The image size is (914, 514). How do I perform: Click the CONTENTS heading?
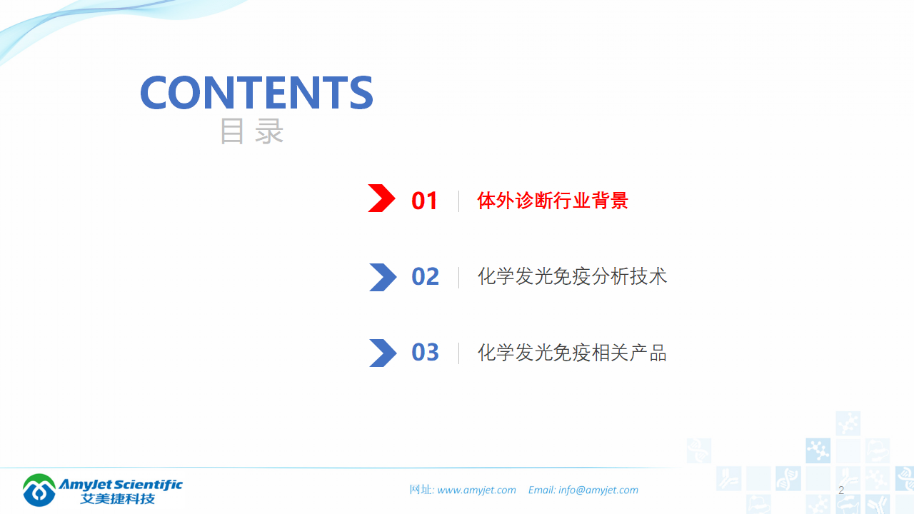click(x=256, y=93)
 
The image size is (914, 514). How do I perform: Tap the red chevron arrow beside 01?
click(x=381, y=198)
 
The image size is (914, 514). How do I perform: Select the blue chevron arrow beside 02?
click(x=383, y=277)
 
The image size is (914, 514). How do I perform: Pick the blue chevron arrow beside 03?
click(x=383, y=353)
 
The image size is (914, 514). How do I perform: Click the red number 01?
click(x=425, y=201)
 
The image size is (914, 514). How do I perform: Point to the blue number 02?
click(x=425, y=277)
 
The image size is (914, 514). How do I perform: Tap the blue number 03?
click(x=425, y=353)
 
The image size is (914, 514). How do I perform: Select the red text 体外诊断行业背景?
click(x=553, y=201)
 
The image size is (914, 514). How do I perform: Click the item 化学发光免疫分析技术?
click(x=572, y=276)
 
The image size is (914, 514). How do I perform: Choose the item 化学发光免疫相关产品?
click(x=572, y=353)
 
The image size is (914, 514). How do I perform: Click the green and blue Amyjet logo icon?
click(x=39, y=490)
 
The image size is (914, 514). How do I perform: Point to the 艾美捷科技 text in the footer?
click(x=118, y=498)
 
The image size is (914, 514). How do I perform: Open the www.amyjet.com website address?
click(x=476, y=490)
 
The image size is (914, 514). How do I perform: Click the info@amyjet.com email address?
click(x=598, y=490)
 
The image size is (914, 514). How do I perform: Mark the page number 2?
click(x=841, y=490)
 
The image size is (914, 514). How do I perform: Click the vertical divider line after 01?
click(x=458, y=201)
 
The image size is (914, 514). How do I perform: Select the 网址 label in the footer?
click(x=421, y=490)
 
